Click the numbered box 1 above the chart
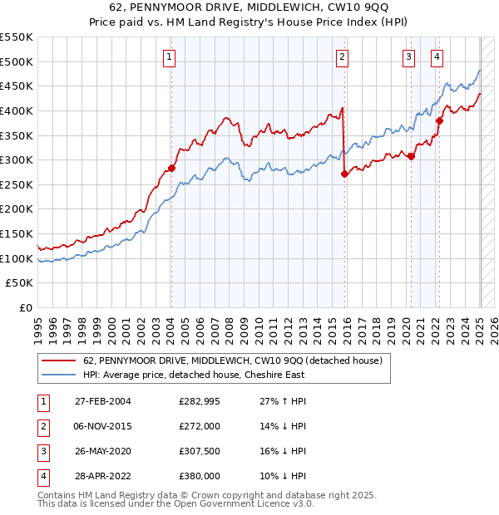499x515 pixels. [x=170, y=57]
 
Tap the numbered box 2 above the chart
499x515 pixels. [x=342, y=57]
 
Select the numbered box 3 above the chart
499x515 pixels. [x=409, y=57]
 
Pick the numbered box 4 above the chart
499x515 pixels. [x=437, y=57]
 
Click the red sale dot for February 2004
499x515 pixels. [x=172, y=168]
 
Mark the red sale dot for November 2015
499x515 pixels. [x=344, y=174]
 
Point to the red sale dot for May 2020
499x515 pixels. [x=411, y=156]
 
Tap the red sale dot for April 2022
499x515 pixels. [x=439, y=120]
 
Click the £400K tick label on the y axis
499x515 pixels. [x=16, y=110]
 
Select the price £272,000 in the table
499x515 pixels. [x=199, y=427]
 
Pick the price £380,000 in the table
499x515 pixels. [x=199, y=477]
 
